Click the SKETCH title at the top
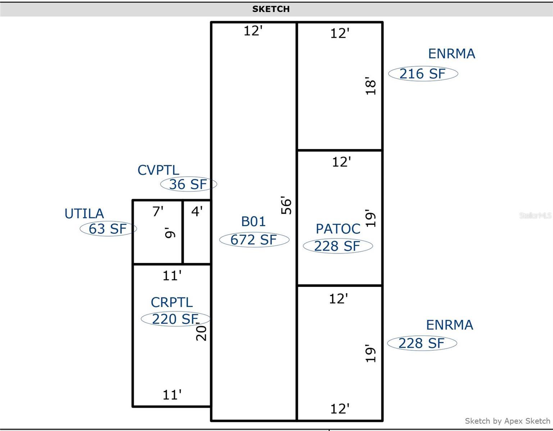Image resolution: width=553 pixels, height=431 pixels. click(x=271, y=9)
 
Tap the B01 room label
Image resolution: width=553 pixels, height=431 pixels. click(x=253, y=221)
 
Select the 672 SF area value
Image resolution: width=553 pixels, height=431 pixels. click(x=254, y=240)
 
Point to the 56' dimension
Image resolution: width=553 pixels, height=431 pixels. click(x=286, y=205)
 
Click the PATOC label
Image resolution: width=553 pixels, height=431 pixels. click(x=338, y=229)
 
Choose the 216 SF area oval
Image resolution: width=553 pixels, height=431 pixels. click(x=423, y=74)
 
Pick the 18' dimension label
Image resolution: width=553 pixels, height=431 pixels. click(x=371, y=86)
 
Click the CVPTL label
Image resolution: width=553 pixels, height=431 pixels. click(x=158, y=170)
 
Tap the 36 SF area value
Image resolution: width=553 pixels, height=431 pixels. click(x=188, y=184)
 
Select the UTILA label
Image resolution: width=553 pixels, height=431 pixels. click(x=84, y=214)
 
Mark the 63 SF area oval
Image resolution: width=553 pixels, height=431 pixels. click(x=108, y=229)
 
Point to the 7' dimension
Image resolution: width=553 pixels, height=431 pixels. click(x=158, y=211)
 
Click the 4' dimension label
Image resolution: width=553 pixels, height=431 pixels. click(x=197, y=211)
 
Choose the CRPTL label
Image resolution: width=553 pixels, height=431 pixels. click(x=172, y=302)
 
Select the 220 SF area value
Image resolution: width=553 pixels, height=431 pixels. click(x=175, y=319)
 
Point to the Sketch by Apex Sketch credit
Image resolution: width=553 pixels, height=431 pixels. click(x=507, y=421)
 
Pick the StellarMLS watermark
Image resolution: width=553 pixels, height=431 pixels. click(x=535, y=215)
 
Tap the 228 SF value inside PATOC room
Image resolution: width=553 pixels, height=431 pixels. click(x=337, y=246)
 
